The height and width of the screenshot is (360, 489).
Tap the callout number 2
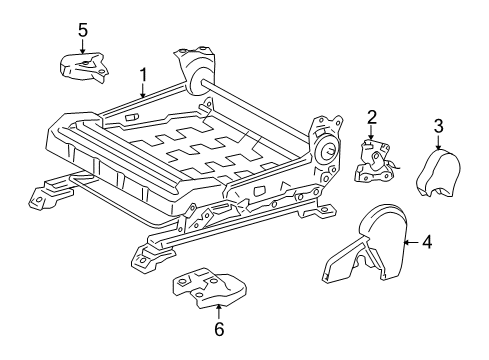pyautogui.click(x=371, y=118)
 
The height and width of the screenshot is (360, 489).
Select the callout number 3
pyautogui.click(x=438, y=125)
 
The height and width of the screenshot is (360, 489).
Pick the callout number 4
pyautogui.click(x=426, y=241)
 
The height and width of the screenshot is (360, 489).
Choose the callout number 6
pyautogui.click(x=219, y=329)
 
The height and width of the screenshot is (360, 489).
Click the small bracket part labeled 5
pyautogui.click(x=83, y=67)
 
